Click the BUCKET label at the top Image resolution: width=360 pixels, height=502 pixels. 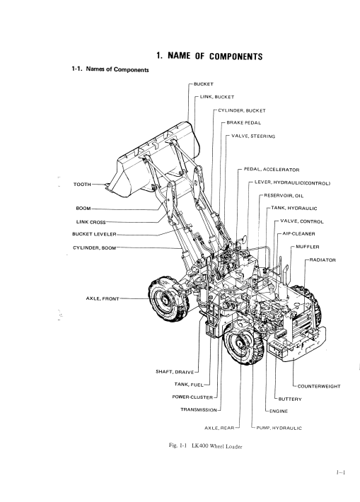(204, 84)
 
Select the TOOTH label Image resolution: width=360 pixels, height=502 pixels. (82, 185)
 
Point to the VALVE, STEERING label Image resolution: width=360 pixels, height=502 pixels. (253, 136)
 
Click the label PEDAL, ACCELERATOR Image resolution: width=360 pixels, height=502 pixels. (272, 170)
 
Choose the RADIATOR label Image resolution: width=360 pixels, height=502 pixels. (323, 260)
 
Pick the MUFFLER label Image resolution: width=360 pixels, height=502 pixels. (308, 247)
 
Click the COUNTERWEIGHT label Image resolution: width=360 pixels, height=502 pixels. (319, 387)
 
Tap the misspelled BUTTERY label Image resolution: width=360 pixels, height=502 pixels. (290, 399)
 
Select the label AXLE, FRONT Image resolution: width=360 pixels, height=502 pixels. (103, 298)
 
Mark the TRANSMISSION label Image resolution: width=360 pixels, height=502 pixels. (199, 410)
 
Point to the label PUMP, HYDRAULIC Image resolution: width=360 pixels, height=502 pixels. (279, 428)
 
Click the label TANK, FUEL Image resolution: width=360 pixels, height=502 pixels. (189, 385)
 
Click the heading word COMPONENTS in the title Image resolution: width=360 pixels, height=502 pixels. (236, 57)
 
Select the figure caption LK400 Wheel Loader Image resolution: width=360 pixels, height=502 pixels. (216, 446)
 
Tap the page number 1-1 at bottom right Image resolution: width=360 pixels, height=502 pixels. (341, 472)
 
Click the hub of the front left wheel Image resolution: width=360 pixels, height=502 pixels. (164, 300)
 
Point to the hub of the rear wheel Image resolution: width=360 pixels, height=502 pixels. (240, 344)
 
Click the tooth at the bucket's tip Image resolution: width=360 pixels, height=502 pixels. (108, 187)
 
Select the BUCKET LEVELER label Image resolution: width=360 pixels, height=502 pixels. (94, 234)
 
